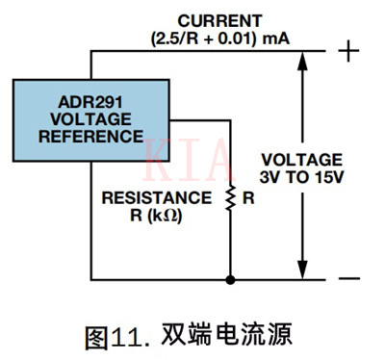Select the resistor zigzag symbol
(230, 198)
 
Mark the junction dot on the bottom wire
(230, 280)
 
